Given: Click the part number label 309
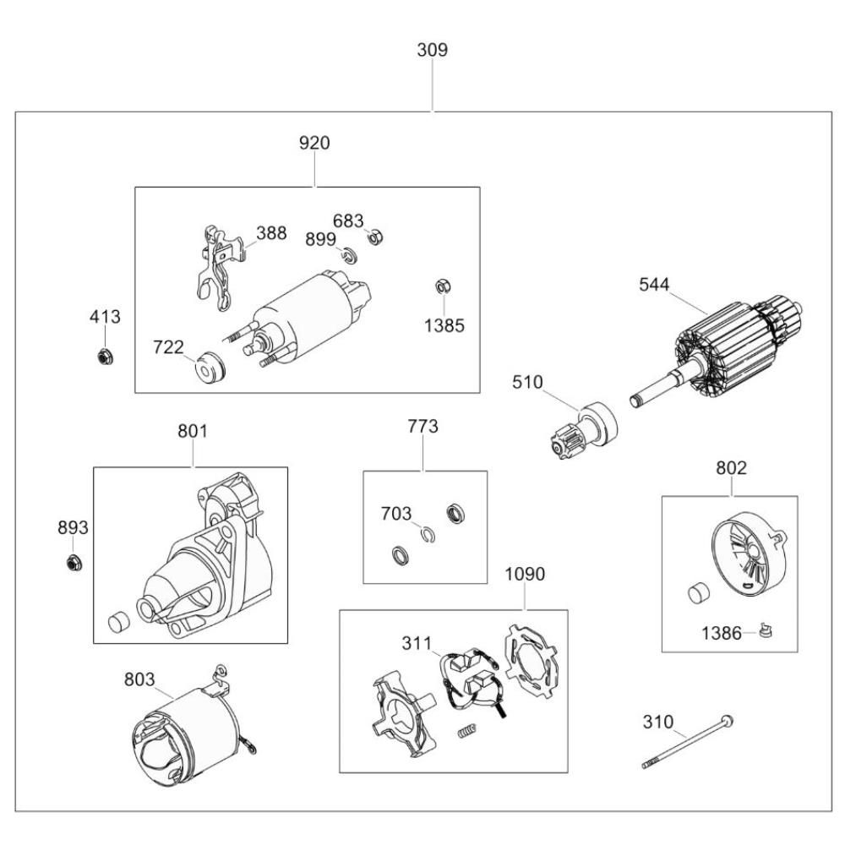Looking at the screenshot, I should [432, 50].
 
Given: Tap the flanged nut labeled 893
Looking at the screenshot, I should [73, 562].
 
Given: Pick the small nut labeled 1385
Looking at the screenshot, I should [440, 287].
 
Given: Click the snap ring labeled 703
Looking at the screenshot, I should [428, 533].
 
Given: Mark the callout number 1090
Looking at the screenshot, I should [525, 575].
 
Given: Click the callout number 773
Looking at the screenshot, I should [422, 427].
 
